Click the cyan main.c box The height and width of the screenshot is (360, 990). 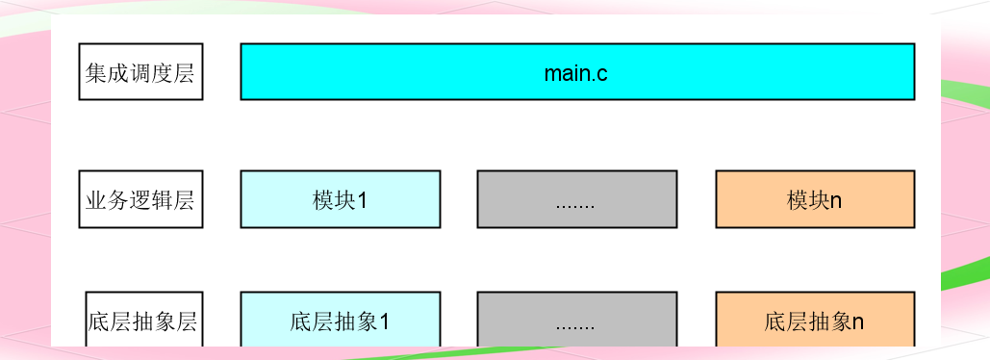[x=577, y=71]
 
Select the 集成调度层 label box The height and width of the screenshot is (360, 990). [x=140, y=72]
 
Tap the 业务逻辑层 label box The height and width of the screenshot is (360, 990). [x=140, y=200]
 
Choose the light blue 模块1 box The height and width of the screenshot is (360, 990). [x=340, y=199]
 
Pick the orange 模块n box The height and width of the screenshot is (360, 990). [x=815, y=199]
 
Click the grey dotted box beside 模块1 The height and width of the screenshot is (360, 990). [x=576, y=199]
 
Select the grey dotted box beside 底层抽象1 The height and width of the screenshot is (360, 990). [x=576, y=321]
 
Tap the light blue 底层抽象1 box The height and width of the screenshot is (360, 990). [x=340, y=321]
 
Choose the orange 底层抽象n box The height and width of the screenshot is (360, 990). [x=815, y=321]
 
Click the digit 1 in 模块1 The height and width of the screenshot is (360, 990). [x=362, y=201]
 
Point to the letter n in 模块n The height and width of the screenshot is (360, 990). [x=836, y=201]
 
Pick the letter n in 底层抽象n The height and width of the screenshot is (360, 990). [x=858, y=322]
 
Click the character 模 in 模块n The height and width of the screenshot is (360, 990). [x=797, y=201]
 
